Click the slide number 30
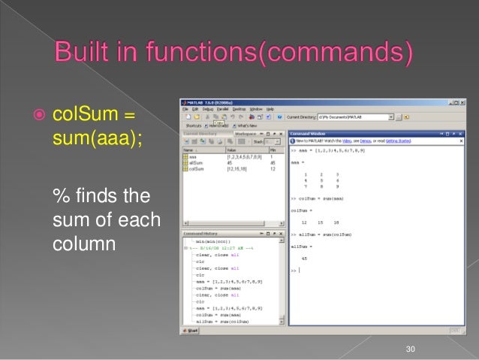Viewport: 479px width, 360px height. pyautogui.click(x=410, y=347)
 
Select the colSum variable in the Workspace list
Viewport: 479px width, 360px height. pyautogui.click(x=199, y=169)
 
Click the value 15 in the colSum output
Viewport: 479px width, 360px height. pyautogui.click(x=320, y=222)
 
